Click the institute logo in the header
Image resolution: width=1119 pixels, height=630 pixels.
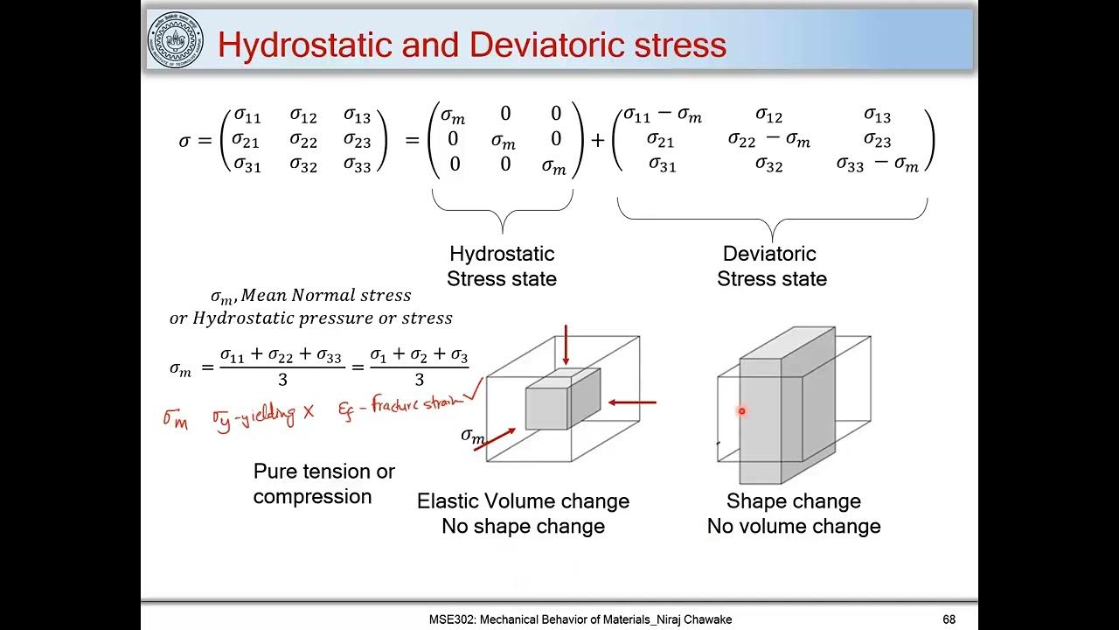(x=175, y=40)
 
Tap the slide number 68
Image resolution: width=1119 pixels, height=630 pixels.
(x=949, y=619)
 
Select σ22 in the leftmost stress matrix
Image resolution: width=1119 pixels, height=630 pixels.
(x=303, y=140)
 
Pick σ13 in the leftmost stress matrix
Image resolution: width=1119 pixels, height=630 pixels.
(x=357, y=116)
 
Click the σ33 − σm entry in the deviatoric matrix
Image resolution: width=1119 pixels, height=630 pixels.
(x=877, y=164)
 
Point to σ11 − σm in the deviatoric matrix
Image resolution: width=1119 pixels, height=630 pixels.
(x=662, y=115)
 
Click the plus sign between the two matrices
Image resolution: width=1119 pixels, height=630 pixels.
(x=598, y=140)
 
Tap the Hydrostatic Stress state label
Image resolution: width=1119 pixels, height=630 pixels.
(x=502, y=266)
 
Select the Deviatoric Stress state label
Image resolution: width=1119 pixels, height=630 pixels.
(x=771, y=266)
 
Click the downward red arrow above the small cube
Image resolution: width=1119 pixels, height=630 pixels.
(x=566, y=345)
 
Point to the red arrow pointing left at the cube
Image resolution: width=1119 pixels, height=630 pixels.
(x=631, y=402)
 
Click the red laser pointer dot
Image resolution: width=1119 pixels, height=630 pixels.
(x=741, y=410)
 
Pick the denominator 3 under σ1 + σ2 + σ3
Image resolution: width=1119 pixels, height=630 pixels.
(x=419, y=379)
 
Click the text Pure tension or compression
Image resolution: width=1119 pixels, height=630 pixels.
(x=323, y=484)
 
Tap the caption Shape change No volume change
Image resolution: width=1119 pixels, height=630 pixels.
(x=794, y=514)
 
